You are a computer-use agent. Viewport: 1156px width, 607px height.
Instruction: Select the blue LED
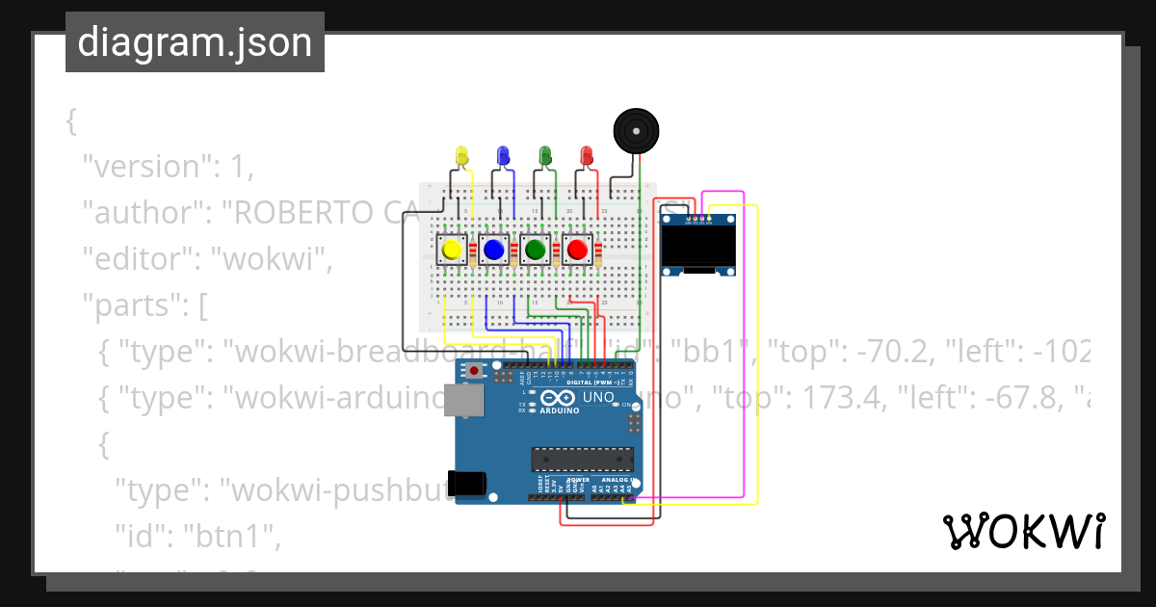502,155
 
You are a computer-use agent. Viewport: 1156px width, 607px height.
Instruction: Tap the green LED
544,155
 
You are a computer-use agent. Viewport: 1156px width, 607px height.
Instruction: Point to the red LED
586,155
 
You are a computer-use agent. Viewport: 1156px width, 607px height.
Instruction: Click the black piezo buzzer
636,130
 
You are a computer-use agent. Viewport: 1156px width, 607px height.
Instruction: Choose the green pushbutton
535,251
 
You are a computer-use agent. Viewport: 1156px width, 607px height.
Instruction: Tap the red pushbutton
577,251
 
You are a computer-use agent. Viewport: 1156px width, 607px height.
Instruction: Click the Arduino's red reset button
474,370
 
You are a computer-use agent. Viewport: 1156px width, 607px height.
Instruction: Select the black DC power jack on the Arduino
470,482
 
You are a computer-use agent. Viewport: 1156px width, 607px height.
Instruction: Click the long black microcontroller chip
582,461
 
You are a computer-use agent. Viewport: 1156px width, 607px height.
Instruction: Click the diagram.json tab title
195,42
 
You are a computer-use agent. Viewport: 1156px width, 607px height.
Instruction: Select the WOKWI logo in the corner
1023,531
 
